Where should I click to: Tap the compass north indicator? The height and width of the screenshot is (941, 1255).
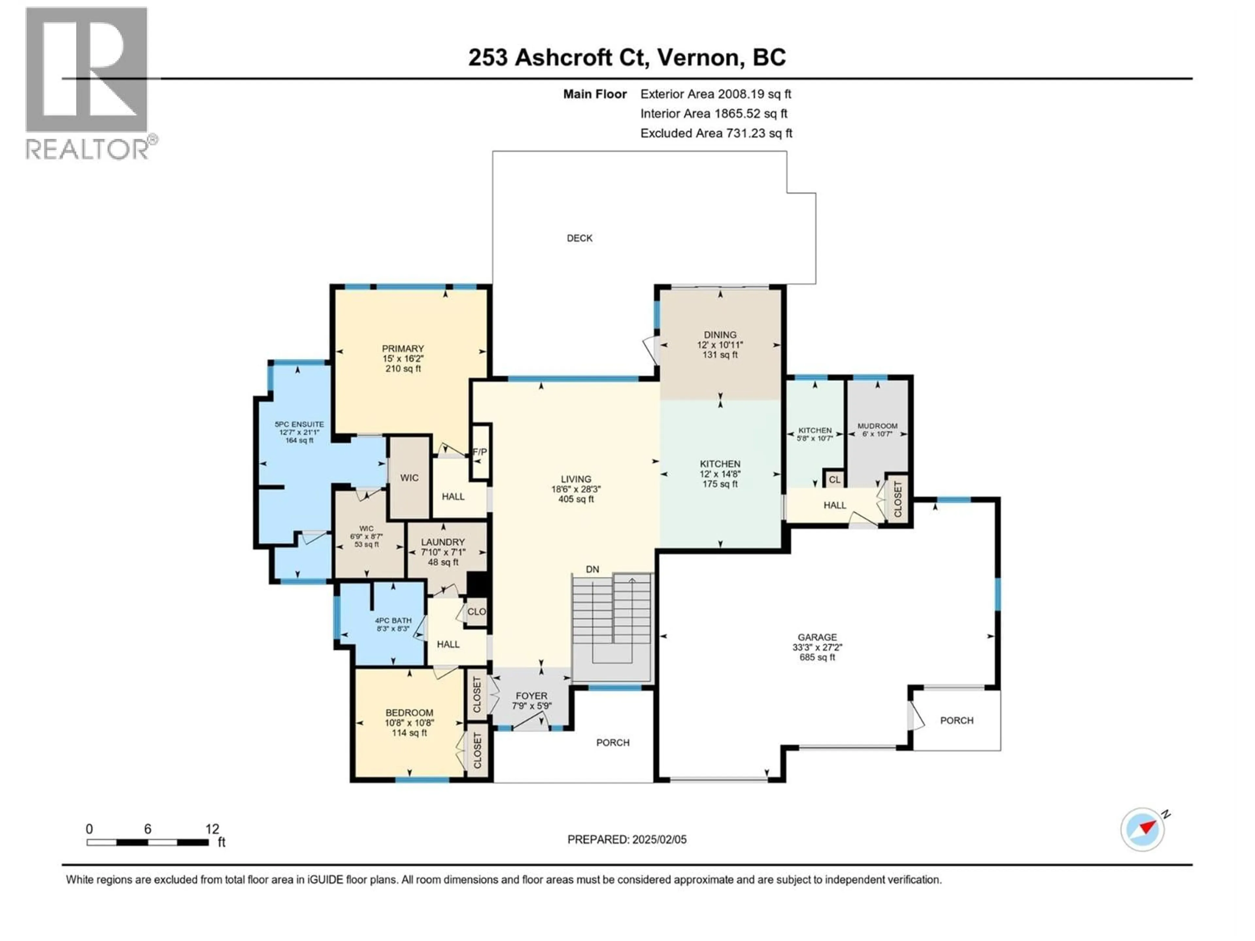coord(1143,829)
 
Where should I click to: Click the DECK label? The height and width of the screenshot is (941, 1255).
coord(579,238)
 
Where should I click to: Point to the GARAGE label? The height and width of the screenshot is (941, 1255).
coord(817,637)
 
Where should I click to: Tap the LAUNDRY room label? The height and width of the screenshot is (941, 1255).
coord(443,542)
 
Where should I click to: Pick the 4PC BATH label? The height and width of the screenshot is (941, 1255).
coord(393,620)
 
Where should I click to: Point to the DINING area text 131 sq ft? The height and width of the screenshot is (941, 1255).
coord(720,355)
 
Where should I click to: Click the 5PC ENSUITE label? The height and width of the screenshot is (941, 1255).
coord(299,424)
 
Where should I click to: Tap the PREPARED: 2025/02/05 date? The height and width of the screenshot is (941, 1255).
coord(627,839)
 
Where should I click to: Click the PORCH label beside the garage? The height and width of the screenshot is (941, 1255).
coord(957,720)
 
